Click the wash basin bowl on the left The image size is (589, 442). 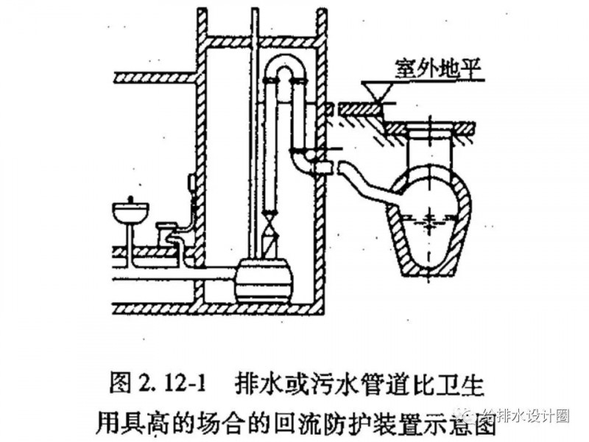pos(130,213)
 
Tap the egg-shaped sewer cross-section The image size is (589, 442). pos(427,221)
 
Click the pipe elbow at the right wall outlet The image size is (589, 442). pos(302,161)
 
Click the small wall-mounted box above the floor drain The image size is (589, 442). pos(191,180)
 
